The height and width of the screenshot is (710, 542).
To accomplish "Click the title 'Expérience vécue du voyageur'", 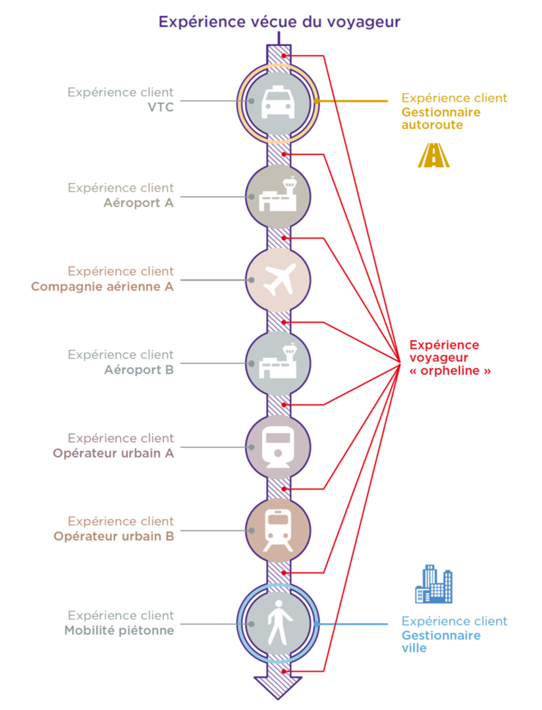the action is coord(279,22).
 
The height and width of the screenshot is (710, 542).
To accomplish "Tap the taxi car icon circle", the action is coord(278,103).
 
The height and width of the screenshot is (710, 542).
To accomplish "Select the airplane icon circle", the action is coord(278,280).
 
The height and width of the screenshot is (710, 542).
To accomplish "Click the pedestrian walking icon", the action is coord(277,623).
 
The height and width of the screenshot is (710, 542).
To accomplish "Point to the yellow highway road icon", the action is coord(434,155).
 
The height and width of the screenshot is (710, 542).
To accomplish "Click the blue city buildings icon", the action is coord(434,584).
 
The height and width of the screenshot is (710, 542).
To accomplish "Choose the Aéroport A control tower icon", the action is coord(278,195).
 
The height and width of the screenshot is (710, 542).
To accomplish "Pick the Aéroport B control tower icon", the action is coord(278,361).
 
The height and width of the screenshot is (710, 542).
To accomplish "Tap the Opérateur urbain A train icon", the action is coord(278,447).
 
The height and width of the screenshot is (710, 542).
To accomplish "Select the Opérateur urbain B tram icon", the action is coord(278,530).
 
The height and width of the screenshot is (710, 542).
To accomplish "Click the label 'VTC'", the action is coord(161,107).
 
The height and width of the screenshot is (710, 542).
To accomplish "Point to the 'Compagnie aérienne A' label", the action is coord(103,287).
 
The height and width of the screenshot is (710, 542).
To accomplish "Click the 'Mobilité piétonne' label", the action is coord(119,630).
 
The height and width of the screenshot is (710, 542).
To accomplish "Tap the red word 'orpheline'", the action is coord(450,371).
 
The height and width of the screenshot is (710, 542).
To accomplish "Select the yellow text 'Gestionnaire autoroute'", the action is coord(441,118).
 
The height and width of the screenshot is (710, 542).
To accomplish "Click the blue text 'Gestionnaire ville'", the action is coord(441,642).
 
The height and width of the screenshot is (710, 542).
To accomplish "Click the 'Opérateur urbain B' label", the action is coord(114,536).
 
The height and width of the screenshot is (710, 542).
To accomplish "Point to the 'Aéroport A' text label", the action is coord(139,203).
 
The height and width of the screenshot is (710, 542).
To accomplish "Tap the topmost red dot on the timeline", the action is coord(283,56).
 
